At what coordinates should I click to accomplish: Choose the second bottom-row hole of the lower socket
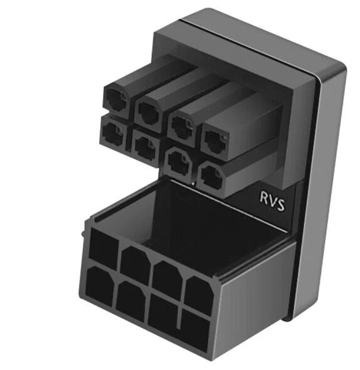[130, 300]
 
